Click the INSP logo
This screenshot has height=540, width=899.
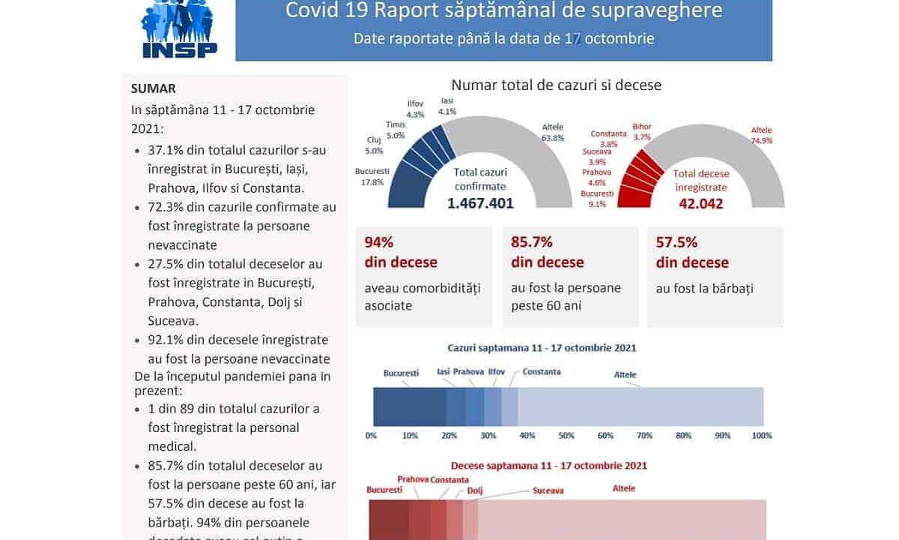(x=180, y=28)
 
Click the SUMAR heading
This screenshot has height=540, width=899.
(x=153, y=88)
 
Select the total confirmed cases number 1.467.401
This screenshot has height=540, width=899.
(x=480, y=202)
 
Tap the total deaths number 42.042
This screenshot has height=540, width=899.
(x=701, y=203)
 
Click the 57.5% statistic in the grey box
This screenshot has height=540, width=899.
(x=676, y=242)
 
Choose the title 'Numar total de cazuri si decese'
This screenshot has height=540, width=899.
(x=556, y=85)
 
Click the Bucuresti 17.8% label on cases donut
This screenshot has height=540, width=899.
(x=372, y=176)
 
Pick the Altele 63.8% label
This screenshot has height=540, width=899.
(x=552, y=132)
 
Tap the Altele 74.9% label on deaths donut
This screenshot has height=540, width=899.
(x=761, y=135)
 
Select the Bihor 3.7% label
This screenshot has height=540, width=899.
(x=642, y=132)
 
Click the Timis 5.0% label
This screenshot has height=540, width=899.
(x=396, y=130)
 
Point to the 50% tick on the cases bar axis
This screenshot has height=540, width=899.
(x=566, y=435)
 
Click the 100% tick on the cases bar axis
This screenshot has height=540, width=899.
(x=761, y=435)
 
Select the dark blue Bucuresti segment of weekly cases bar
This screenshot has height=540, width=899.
(x=409, y=407)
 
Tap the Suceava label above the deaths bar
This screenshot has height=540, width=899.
(x=548, y=490)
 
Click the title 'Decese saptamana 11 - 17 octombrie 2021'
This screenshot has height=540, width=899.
(x=548, y=466)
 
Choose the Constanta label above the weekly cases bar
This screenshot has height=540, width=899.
(x=541, y=372)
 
